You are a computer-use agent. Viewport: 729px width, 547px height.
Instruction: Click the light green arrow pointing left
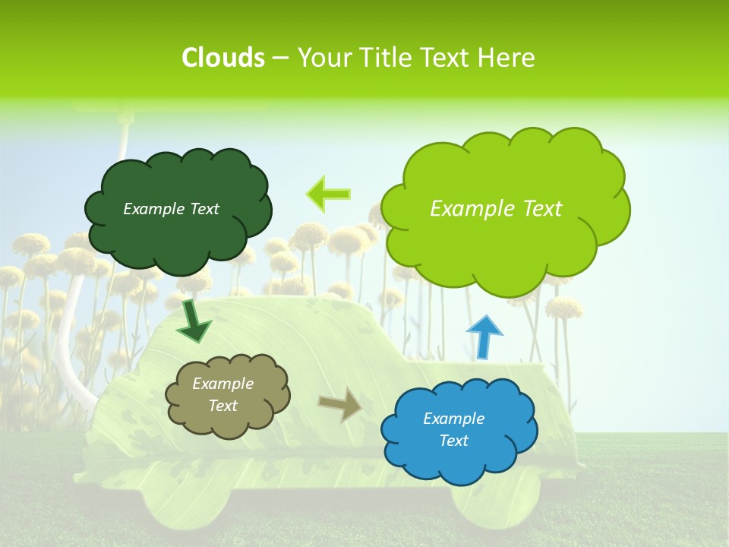click(x=329, y=194)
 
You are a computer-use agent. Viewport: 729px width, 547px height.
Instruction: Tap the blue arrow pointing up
click(x=484, y=337)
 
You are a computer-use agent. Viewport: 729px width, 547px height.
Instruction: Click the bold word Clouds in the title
click(x=222, y=57)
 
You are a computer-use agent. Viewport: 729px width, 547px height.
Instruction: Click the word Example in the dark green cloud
click(x=152, y=209)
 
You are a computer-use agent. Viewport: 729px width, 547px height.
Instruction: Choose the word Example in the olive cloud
click(x=222, y=384)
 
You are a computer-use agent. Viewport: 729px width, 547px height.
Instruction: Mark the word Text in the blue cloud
click(x=453, y=441)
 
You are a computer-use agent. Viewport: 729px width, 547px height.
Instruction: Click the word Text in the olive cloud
click(x=222, y=406)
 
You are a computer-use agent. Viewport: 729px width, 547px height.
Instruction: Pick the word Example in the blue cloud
click(x=453, y=419)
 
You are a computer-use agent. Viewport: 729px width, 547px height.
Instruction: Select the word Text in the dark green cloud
click(x=204, y=209)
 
